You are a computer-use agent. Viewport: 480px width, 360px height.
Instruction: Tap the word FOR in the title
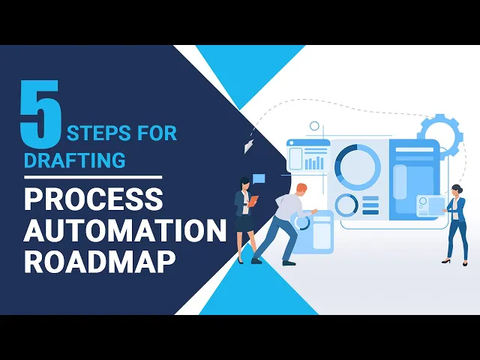(x=157, y=134)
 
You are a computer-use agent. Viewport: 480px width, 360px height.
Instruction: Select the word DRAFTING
(x=74, y=160)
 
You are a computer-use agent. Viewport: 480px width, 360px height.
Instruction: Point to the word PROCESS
(x=93, y=199)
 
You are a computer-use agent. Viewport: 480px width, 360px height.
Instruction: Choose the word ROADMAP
(x=100, y=262)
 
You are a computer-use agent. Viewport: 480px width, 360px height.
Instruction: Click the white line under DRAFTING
(x=92, y=177)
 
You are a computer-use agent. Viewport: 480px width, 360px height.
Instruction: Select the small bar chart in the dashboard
(x=314, y=160)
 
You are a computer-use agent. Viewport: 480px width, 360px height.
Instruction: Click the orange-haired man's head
(x=301, y=190)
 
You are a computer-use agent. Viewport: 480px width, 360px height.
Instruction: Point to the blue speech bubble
(x=259, y=179)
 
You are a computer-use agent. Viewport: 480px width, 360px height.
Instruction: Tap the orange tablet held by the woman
(x=253, y=200)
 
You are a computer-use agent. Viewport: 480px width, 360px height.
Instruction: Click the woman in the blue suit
(x=456, y=221)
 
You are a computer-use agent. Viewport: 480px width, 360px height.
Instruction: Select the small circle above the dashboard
(x=314, y=126)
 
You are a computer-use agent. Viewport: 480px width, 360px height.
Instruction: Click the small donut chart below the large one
(x=346, y=205)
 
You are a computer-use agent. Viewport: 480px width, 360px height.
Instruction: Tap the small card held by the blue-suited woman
(x=432, y=205)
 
